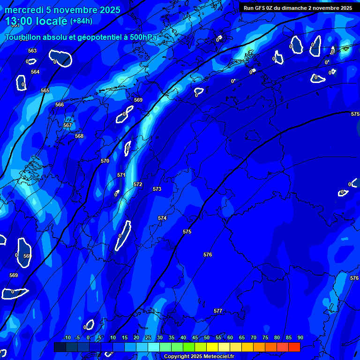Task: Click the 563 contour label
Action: coord(32,51)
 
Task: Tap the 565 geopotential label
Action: coord(45,90)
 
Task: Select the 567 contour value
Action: coord(67,125)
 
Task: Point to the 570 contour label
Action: coord(105,161)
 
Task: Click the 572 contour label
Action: coord(138,184)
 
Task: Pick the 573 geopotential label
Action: coord(157,189)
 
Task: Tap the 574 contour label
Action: coord(162,218)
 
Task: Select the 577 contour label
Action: coord(218,311)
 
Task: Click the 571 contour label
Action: coord(121,175)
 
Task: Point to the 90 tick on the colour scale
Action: coord(300,337)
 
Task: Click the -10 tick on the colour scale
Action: coord(67,337)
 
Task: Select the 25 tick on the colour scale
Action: coord(148,337)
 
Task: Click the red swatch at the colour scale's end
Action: coord(294,347)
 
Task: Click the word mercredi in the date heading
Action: coord(23,10)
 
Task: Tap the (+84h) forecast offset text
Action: coord(81,21)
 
